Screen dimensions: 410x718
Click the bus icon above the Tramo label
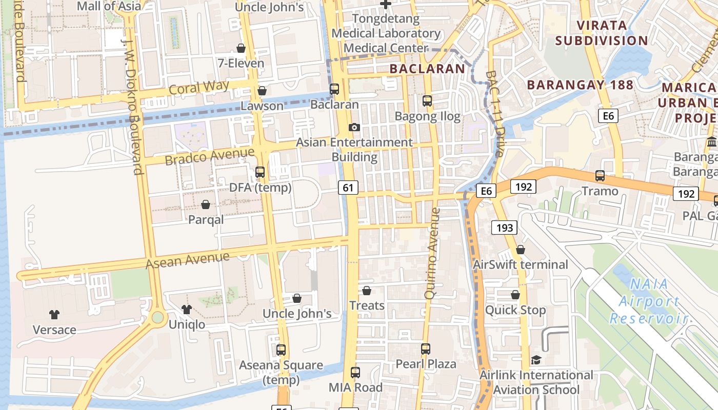tap(600, 176)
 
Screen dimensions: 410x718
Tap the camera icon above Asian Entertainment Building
tap(354, 127)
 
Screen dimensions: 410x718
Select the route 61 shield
tap(348, 188)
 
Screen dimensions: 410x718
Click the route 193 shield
tap(505, 227)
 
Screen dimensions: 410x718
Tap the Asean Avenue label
tap(187, 260)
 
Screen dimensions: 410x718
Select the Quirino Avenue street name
tap(432, 253)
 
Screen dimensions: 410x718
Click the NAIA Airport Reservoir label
tap(649, 301)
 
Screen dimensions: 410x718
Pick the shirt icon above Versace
tap(54, 314)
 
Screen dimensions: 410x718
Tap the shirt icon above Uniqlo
tap(187, 309)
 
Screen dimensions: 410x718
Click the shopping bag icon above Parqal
tap(206, 204)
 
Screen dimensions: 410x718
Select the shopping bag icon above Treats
tap(367, 291)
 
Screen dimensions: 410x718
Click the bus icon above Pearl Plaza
tap(425, 349)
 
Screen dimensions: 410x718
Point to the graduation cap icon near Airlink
tap(536, 360)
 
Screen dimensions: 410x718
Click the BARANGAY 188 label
tap(580, 85)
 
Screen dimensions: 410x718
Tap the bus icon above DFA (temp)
tap(260, 172)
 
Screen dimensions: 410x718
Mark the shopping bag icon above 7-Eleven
tap(241, 48)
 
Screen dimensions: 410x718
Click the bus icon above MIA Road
tap(355, 373)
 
